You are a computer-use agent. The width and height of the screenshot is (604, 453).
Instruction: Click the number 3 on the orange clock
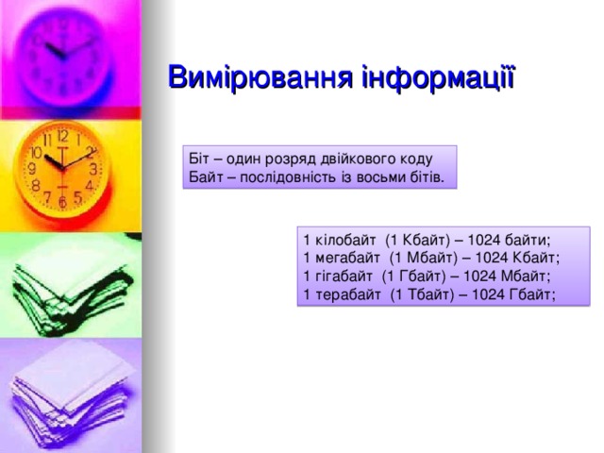tap(93, 170)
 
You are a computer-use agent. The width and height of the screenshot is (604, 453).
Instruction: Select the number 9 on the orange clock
tap(31, 169)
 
